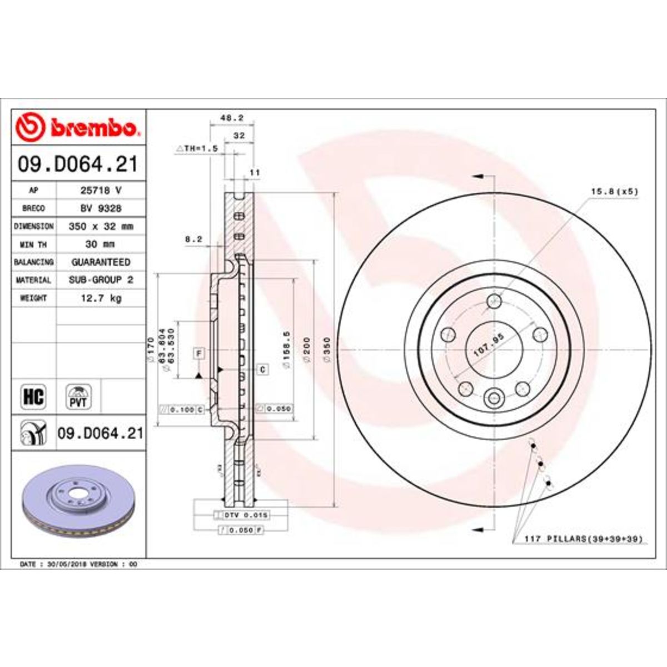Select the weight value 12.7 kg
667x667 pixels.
point(102,298)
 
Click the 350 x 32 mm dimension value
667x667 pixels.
point(101,227)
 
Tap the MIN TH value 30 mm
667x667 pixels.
point(101,245)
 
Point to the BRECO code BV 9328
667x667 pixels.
point(101,208)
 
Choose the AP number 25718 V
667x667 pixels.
point(101,190)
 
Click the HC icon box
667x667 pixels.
point(33,397)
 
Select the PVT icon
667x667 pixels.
point(78,397)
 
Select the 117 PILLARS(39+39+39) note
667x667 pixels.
point(584,539)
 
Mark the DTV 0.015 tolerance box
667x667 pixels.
point(242,515)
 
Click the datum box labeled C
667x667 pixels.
point(262,369)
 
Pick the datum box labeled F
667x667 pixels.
point(198,352)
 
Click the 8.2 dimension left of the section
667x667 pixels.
point(193,240)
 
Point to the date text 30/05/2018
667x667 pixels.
point(72,564)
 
